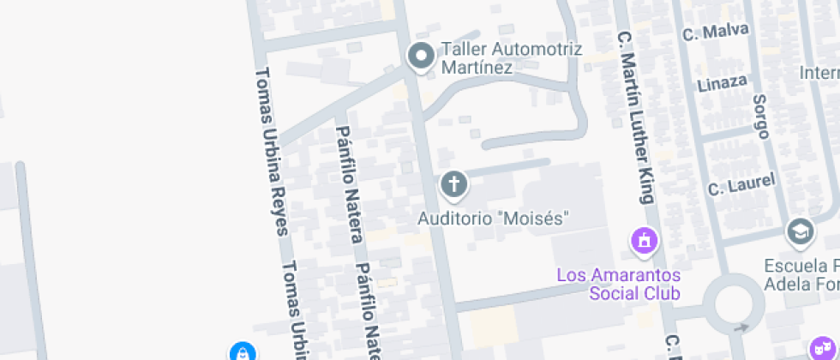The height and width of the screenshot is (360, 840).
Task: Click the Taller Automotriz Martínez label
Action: [511, 57]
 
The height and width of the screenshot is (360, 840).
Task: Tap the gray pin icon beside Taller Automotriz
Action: [421, 57]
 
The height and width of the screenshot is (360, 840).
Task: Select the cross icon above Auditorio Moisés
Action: [453, 183]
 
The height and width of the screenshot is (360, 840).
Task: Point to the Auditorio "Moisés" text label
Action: [493, 219]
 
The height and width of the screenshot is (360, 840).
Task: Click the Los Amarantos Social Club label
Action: [618, 284]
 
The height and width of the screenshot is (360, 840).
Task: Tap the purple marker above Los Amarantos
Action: [644, 240]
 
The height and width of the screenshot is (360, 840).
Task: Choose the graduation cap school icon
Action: [800, 231]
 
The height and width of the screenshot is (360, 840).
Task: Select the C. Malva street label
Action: [715, 33]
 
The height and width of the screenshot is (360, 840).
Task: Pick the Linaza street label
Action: [722, 83]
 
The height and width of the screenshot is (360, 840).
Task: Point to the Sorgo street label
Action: [761, 116]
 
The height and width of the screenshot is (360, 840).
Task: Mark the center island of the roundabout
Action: [734, 305]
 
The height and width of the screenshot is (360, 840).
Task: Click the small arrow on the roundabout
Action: [742, 327]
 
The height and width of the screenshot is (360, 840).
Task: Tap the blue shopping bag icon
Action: [243, 351]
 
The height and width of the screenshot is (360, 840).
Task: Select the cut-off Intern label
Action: [819, 73]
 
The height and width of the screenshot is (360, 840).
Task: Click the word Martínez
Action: [477, 67]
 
